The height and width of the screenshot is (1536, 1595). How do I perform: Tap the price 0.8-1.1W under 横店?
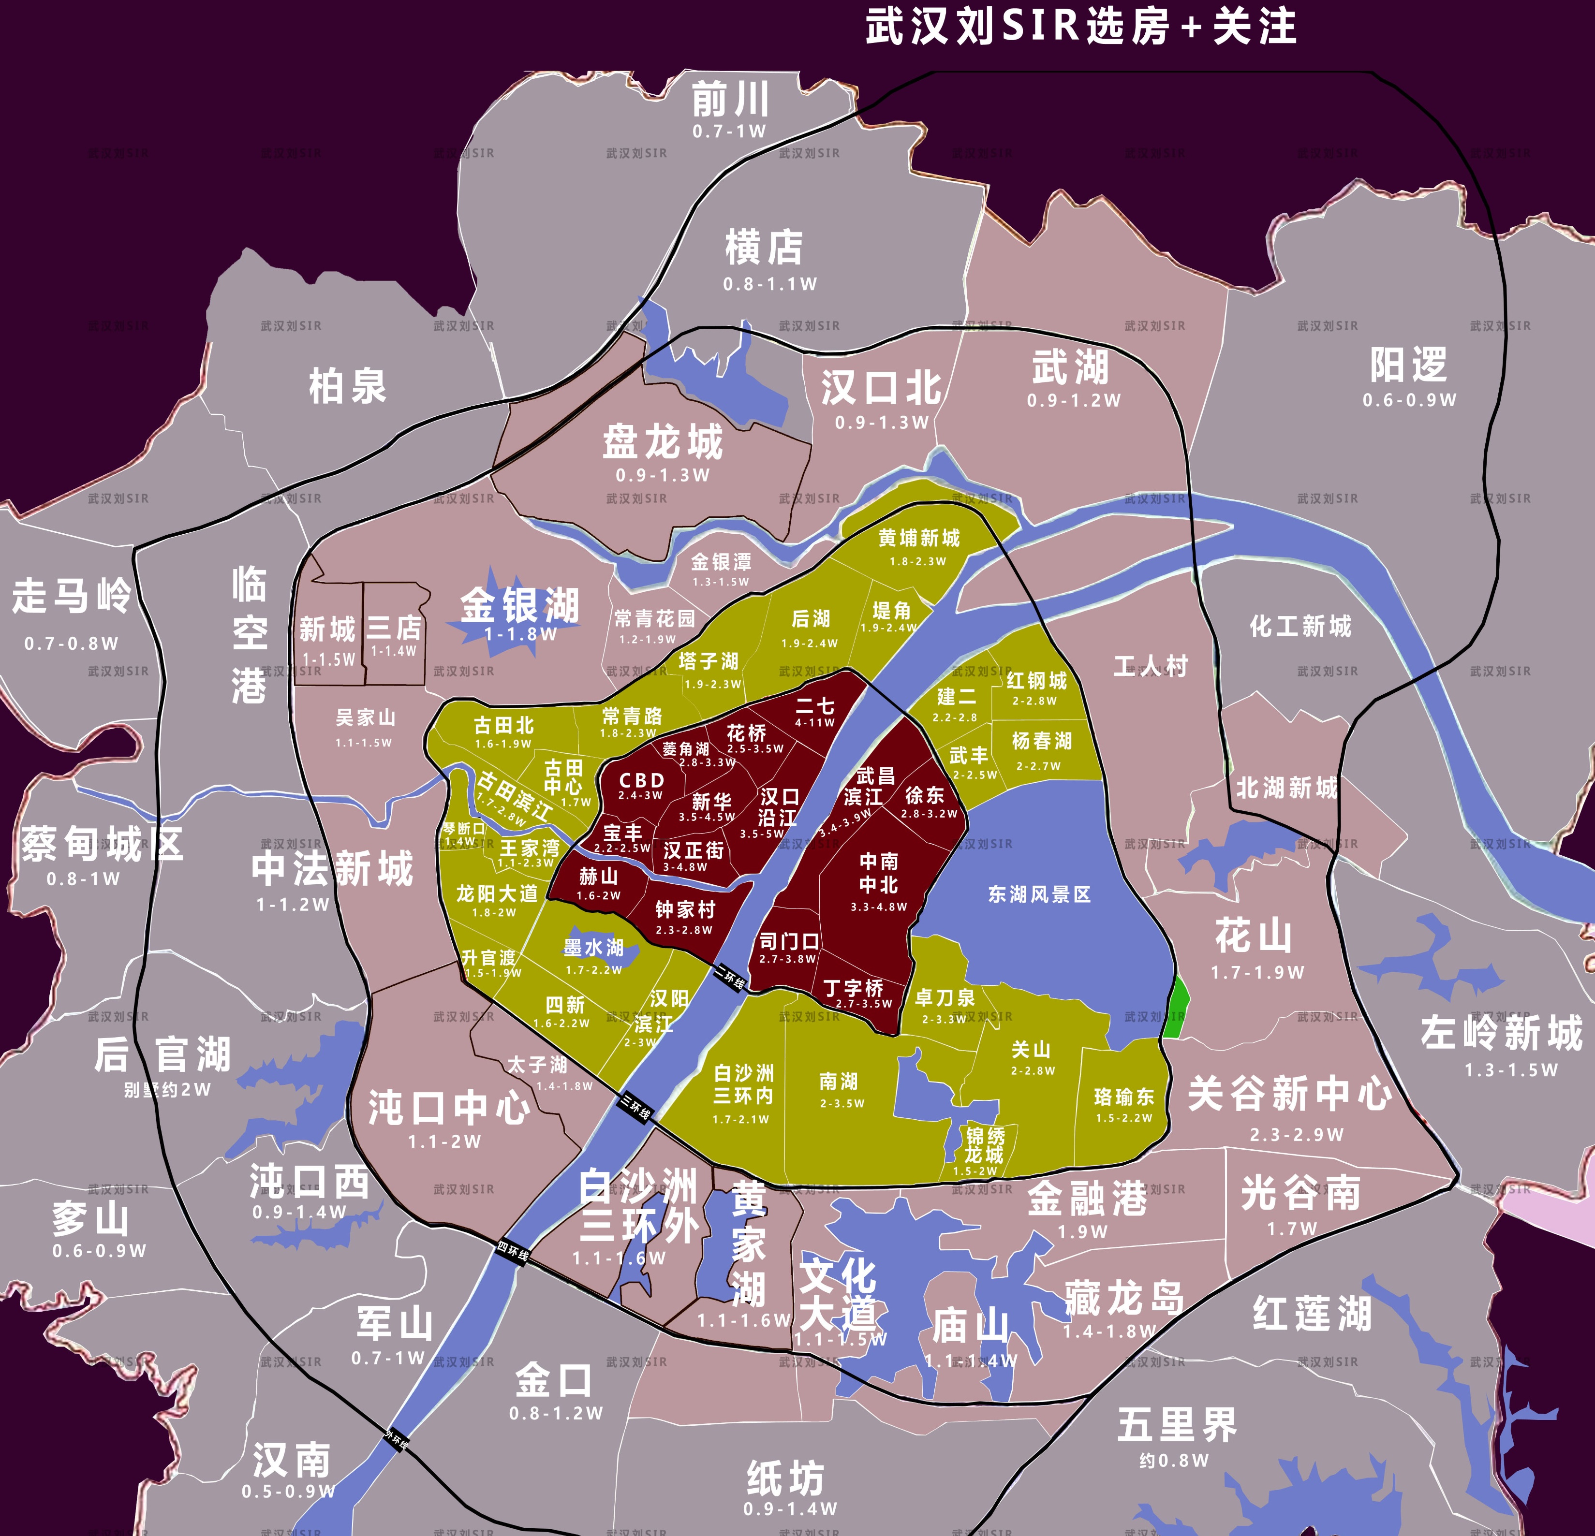(x=770, y=284)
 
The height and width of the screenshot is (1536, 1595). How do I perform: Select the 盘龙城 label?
(x=663, y=442)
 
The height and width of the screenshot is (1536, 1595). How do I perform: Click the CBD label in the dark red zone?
(x=642, y=780)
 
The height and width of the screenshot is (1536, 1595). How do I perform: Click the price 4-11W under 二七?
(x=814, y=722)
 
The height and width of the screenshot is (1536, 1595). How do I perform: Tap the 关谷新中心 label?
(x=1290, y=1094)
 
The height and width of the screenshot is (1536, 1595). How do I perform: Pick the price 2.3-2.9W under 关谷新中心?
(x=1296, y=1134)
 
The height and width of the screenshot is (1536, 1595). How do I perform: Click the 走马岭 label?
(x=72, y=596)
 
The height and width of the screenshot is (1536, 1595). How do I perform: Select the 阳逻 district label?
(x=1409, y=366)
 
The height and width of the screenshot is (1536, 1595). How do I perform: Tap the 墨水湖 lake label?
(x=593, y=948)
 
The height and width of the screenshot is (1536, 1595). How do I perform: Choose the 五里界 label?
(x=1177, y=1424)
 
